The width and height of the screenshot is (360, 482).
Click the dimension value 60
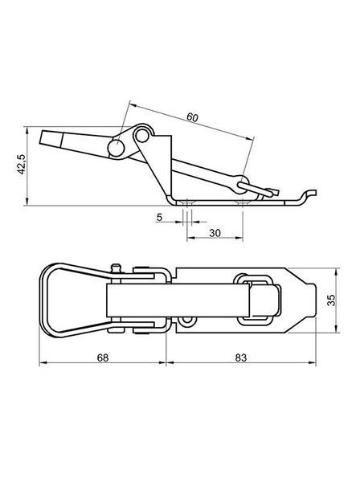192,117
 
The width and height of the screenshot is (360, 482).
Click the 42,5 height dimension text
22,165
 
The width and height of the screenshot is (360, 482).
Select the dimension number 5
159,218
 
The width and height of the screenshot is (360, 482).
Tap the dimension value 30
215,233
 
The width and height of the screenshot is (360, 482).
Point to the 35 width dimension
331,300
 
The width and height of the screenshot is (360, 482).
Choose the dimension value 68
103,357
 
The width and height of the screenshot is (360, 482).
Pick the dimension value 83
241,357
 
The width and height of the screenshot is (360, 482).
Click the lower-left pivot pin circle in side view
116,148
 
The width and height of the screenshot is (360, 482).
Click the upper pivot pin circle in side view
141,135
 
